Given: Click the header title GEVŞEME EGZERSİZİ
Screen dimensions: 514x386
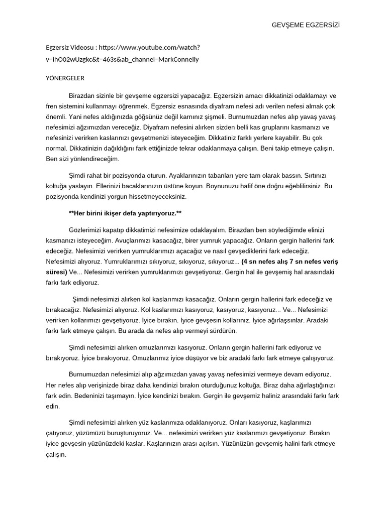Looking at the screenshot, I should (306, 25).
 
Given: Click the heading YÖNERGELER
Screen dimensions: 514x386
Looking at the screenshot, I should (65, 78).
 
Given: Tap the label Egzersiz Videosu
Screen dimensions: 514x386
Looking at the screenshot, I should (70, 48).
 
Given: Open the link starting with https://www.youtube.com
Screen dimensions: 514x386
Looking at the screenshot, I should (149, 48).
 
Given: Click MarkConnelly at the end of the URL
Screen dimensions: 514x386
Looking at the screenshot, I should (178, 59).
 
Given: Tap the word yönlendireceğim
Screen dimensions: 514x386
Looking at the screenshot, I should (82, 159).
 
